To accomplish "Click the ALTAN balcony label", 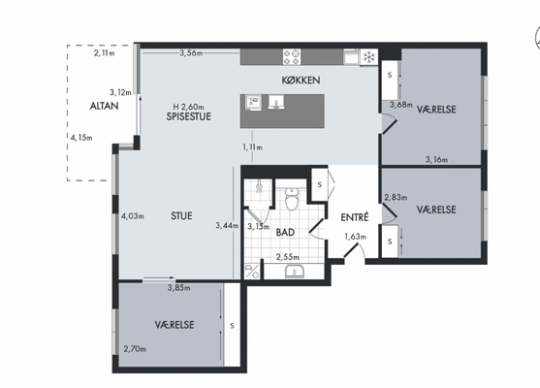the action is (x=104, y=106).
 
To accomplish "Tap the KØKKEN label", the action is (x=301, y=81).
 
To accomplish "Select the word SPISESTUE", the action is (x=189, y=116).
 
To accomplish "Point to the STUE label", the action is (x=181, y=216).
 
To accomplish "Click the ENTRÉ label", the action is (x=355, y=217).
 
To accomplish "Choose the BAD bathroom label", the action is (x=285, y=232).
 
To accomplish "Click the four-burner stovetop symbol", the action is (x=292, y=57).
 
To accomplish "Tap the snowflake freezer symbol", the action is (x=369, y=57).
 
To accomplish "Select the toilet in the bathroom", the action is (x=293, y=199).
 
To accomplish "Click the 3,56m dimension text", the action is (x=191, y=53).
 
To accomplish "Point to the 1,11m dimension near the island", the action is (x=252, y=147).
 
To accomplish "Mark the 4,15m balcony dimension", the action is (x=81, y=138).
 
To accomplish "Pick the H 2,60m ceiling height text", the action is (x=188, y=107).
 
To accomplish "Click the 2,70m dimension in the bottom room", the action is (x=135, y=349).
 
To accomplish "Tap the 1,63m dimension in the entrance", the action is (x=356, y=237).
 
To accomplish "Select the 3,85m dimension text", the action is (x=178, y=288).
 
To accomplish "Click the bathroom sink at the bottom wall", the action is (x=295, y=272).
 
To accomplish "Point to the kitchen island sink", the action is (x=276, y=103).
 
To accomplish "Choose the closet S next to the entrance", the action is (x=320, y=184).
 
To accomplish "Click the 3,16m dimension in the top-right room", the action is (x=436, y=159).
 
